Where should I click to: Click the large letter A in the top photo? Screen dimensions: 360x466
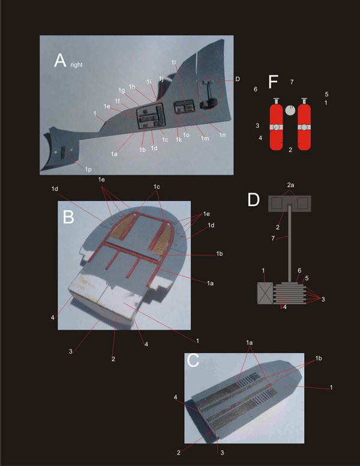[x=60, y=60]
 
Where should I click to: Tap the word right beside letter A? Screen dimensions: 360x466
[x=76, y=64]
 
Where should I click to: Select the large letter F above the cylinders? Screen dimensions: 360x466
[x=273, y=82]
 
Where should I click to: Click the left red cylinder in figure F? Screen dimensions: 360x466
[x=276, y=124]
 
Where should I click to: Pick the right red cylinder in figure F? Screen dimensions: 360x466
[x=304, y=124]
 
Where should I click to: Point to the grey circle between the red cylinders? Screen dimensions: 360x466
[x=290, y=110]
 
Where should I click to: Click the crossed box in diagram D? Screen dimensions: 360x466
[x=265, y=293]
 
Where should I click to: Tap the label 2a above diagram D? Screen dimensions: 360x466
[x=290, y=185]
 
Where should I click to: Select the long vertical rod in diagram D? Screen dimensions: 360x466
[x=290, y=243]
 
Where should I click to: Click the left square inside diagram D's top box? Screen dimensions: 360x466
[x=277, y=203]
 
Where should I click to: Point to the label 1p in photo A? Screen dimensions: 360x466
[x=88, y=169]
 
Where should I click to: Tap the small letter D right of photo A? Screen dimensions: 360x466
[x=238, y=79]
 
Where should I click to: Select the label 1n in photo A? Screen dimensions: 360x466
[x=223, y=135]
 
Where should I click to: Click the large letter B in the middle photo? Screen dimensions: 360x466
[x=68, y=217]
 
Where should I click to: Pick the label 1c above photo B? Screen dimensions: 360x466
[x=157, y=187]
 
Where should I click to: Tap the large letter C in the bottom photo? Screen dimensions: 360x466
[x=193, y=360]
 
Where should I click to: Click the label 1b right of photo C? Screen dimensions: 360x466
[x=319, y=358]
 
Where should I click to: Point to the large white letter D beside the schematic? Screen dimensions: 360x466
[x=254, y=200]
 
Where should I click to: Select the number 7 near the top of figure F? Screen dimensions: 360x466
[x=292, y=82]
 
